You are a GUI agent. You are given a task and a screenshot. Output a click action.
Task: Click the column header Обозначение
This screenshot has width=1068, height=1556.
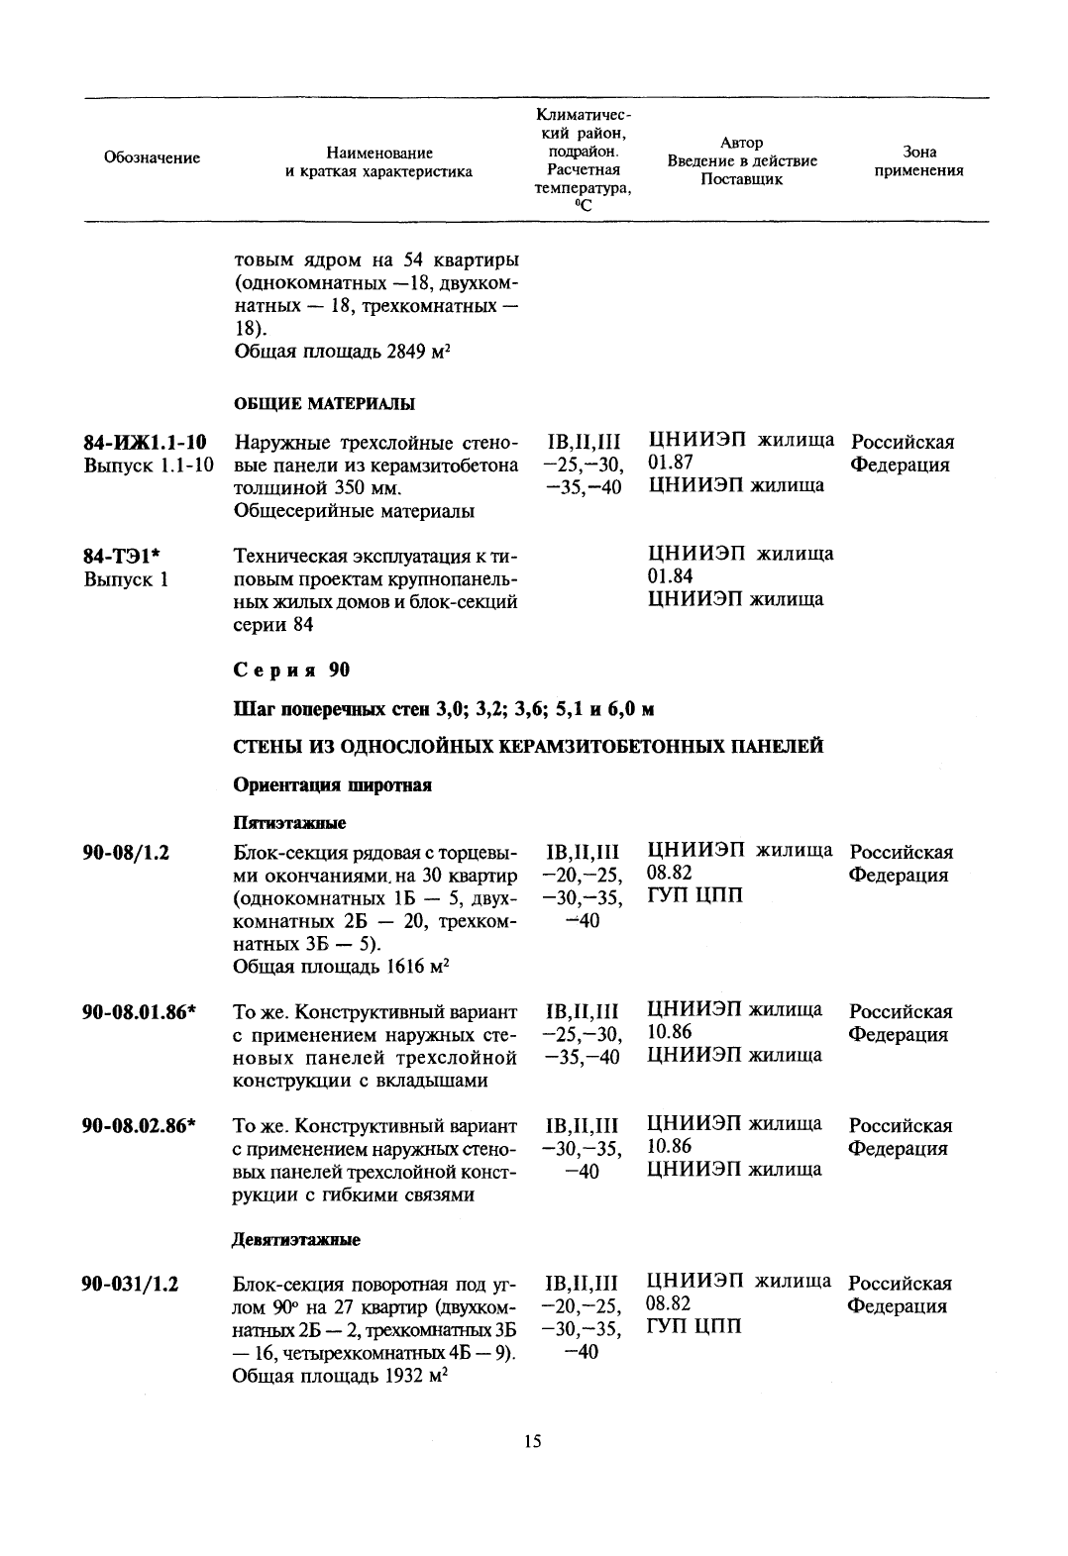(152, 158)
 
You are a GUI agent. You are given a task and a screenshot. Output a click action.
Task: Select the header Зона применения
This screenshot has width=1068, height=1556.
(919, 161)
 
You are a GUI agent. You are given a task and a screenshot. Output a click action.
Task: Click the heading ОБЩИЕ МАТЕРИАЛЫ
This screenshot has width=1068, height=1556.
(324, 403)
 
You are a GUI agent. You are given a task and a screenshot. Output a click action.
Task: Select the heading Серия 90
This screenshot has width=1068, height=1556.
(291, 671)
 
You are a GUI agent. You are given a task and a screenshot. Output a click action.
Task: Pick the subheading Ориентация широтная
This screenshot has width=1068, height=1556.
(332, 785)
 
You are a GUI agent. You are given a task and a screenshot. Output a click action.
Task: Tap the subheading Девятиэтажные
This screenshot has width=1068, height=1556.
(296, 1239)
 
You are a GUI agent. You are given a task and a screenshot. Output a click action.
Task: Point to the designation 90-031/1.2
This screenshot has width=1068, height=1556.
(130, 1284)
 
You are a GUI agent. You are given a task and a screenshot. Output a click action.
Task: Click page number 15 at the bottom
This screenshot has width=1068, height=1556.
(533, 1441)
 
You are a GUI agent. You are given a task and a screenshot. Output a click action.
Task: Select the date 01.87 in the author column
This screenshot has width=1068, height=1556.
(671, 464)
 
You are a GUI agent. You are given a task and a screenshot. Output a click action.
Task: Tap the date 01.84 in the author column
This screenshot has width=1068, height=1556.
(671, 576)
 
